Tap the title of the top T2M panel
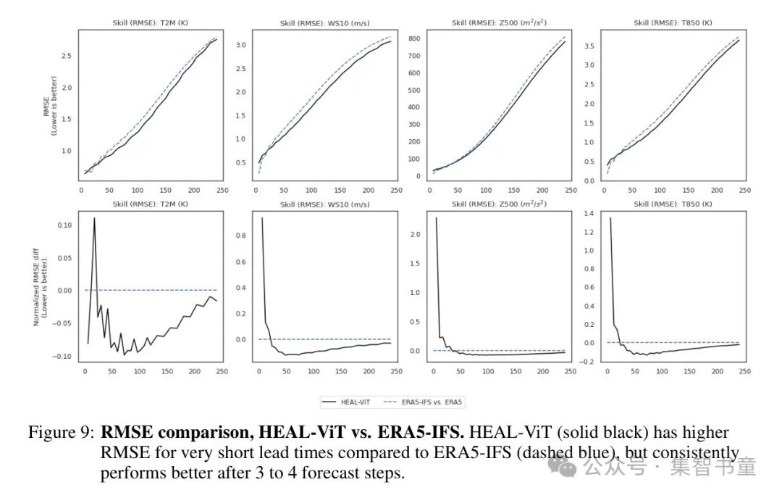click(150, 23)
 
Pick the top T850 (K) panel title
click(673, 23)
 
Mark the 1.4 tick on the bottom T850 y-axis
click(588, 213)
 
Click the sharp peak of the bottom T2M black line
click(94, 217)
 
